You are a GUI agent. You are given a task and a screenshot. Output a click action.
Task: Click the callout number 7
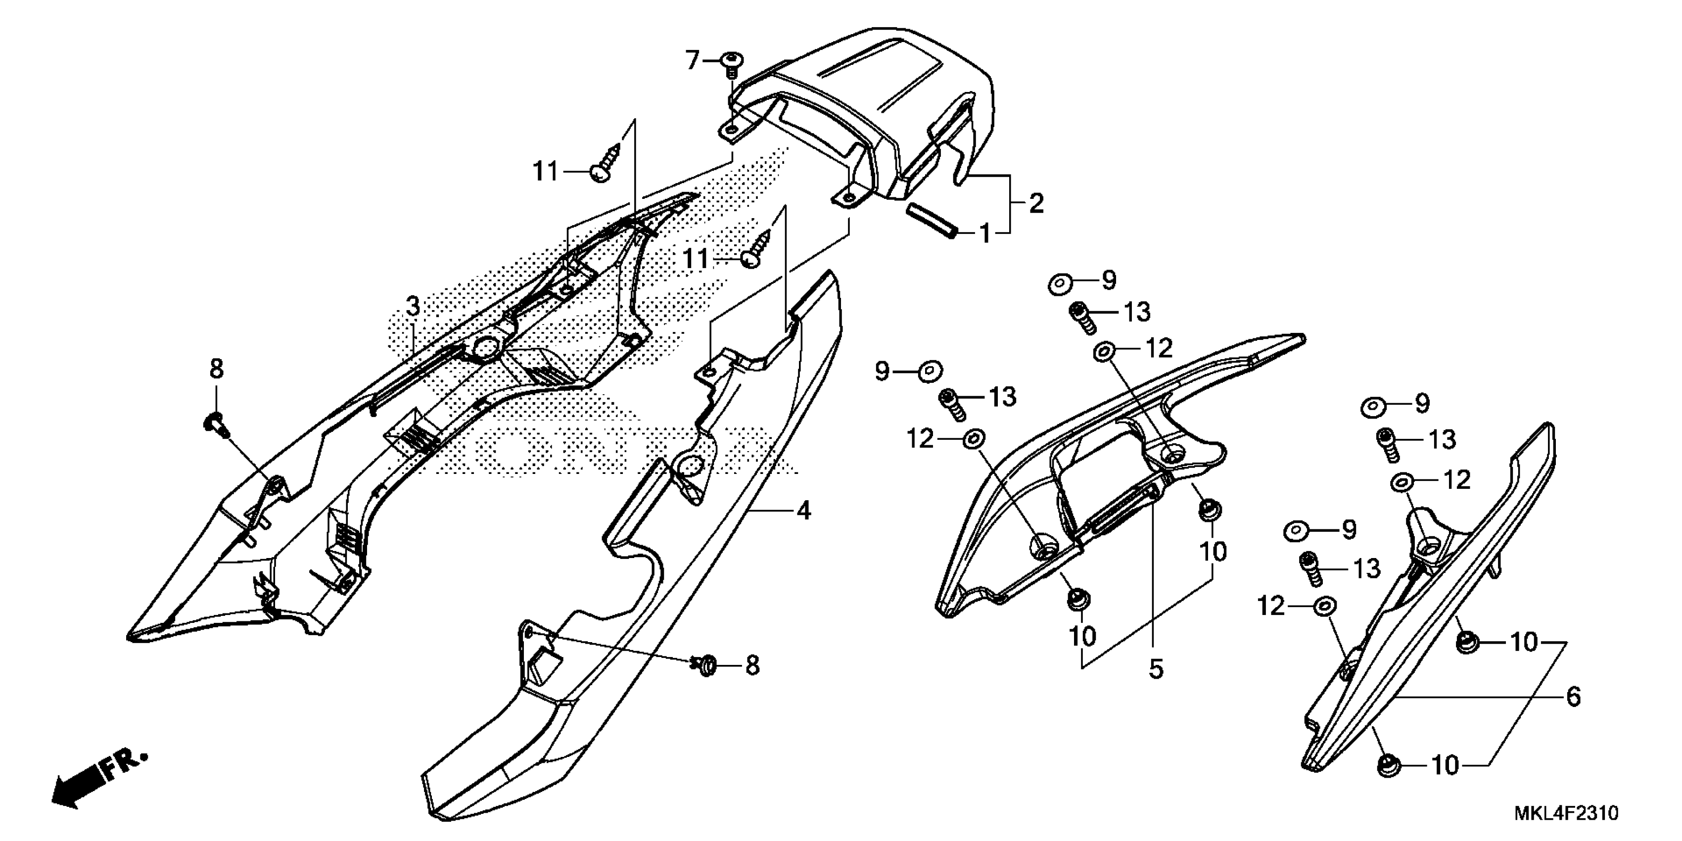point(692,61)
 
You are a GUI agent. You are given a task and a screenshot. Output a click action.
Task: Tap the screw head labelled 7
point(731,61)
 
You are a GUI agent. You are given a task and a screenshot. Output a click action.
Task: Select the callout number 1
point(984,233)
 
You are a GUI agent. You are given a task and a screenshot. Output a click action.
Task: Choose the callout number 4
point(804,511)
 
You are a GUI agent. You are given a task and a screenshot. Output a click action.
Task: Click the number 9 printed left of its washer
point(883,372)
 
